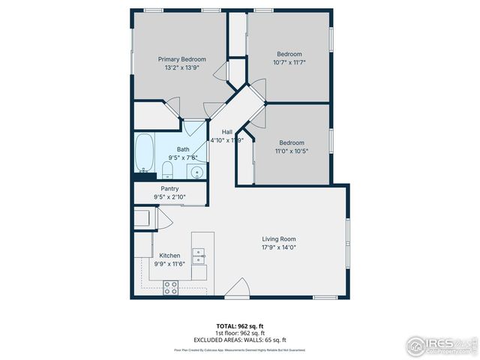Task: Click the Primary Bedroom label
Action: pos(181,59)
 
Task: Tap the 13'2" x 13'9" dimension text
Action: pos(181,67)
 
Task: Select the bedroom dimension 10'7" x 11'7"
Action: pos(289,62)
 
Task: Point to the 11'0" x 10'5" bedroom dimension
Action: pos(292,151)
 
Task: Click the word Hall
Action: pos(226,132)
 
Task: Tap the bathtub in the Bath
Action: pos(144,153)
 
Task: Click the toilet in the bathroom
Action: pos(167,166)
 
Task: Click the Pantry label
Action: pos(169,189)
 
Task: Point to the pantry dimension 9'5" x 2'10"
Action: pos(169,197)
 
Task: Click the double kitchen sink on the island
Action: pos(199,258)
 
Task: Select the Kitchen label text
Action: pos(169,256)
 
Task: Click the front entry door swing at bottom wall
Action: pos(238,289)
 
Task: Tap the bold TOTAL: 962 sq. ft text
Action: pos(239,326)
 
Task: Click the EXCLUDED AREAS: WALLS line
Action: pos(239,339)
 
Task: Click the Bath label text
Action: pos(183,149)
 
